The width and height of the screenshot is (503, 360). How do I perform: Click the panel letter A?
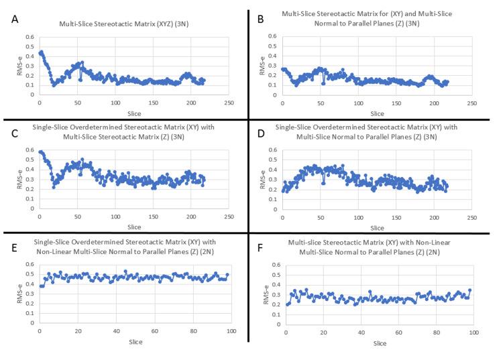coord(15,19)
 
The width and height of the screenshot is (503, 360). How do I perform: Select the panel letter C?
coord(15,131)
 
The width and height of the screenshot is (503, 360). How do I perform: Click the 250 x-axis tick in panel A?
coord(229,103)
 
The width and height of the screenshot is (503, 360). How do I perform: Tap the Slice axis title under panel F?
coord(380,343)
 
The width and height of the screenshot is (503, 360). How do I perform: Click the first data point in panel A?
coord(40,53)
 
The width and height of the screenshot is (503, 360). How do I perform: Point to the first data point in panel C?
coord(40,152)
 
